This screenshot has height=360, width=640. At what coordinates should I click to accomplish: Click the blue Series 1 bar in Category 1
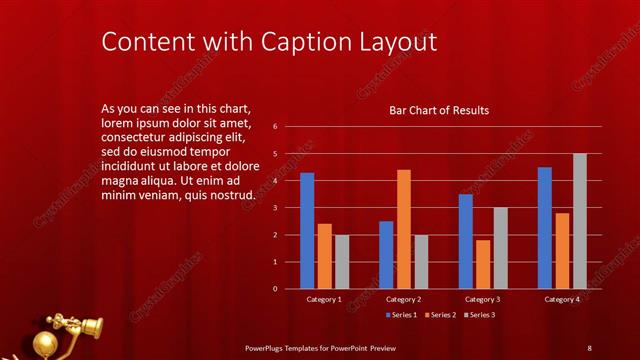[x=307, y=231]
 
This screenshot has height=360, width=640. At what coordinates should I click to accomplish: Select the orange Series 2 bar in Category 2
[x=404, y=229]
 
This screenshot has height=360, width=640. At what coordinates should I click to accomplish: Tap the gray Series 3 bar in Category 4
[x=580, y=221]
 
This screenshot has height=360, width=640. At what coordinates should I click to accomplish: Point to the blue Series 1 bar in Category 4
[x=545, y=228]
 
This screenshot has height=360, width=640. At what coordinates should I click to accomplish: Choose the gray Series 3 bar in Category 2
[x=421, y=262]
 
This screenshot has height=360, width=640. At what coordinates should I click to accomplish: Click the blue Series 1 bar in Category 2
[x=386, y=255]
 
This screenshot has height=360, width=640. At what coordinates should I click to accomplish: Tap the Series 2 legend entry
[x=440, y=315]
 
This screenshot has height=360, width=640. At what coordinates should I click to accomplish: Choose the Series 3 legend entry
[x=479, y=315]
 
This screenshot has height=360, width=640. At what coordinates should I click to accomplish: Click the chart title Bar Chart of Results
[x=439, y=110]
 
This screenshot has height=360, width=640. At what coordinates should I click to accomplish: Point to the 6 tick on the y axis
[x=289, y=127]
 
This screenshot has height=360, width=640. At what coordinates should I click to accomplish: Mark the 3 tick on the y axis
[x=289, y=208]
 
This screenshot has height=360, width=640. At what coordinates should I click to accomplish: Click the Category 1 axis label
[x=324, y=299]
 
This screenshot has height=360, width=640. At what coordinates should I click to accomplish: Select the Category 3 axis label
[x=483, y=299]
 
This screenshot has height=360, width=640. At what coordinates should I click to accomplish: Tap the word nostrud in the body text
[x=232, y=195]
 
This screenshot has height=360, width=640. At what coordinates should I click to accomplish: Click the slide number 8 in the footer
[x=589, y=347]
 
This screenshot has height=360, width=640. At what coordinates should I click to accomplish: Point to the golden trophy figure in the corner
[x=65, y=333]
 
